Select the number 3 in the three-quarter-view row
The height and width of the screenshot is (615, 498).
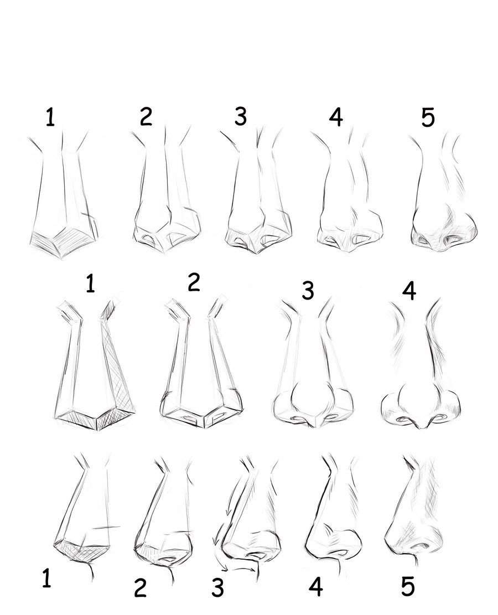click(x=240, y=116)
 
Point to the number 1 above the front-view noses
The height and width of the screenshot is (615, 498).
click(x=90, y=283)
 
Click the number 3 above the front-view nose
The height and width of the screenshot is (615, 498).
click(x=308, y=291)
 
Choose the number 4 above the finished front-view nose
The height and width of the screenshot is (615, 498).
click(x=409, y=291)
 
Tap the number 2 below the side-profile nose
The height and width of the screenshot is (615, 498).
click(x=140, y=587)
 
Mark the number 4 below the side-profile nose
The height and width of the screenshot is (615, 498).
click(x=315, y=586)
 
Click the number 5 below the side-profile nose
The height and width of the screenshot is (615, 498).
click(x=408, y=586)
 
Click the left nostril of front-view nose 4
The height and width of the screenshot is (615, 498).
click(x=402, y=420)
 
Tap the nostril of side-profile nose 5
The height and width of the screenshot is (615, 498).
click(x=423, y=545)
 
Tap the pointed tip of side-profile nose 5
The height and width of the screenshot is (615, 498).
click(x=386, y=538)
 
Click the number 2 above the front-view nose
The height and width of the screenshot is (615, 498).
click(x=194, y=282)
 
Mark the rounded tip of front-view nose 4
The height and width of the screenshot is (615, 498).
click(x=422, y=425)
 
